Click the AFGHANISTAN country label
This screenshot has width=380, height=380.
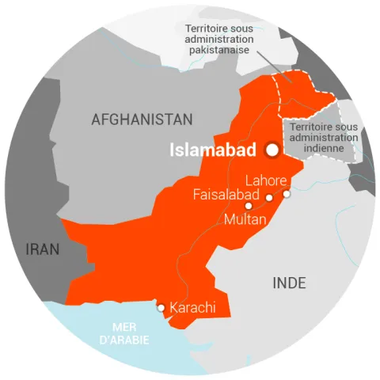click(142, 120)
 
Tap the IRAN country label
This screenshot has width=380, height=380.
click(43, 249)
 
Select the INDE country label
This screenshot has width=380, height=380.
click(289, 283)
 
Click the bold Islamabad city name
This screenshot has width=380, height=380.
click(213, 150)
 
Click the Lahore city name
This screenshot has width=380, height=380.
click(266, 180)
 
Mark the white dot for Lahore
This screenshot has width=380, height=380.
click(287, 193)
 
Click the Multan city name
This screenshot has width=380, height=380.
click(245, 219)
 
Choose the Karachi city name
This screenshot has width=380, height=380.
click(192, 307)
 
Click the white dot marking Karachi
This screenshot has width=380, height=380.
click(161, 307)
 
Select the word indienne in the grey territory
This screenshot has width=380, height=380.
click(325, 147)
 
